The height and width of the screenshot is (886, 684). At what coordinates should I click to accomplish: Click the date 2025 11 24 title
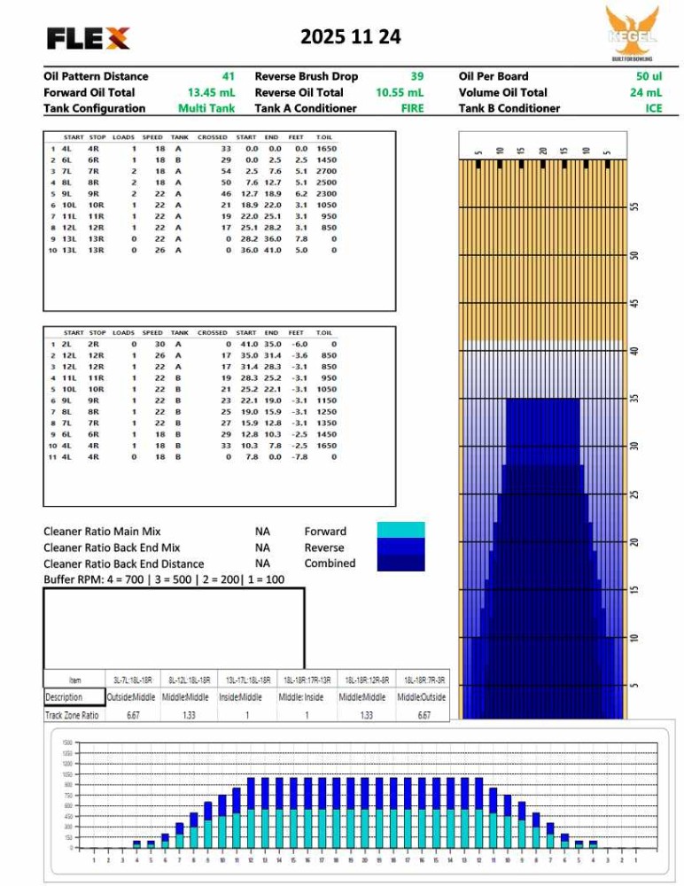(x=350, y=36)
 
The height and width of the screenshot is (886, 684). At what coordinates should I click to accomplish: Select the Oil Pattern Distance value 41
(x=229, y=76)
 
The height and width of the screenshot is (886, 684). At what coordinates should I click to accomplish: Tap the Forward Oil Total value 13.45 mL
(x=211, y=92)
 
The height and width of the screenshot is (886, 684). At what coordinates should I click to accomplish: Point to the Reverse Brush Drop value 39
(x=417, y=76)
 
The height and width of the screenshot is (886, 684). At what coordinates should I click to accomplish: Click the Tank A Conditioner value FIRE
(x=412, y=108)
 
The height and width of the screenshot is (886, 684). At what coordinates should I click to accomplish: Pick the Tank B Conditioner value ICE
(x=653, y=108)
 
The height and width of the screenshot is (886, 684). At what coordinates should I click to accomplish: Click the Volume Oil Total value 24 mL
(x=646, y=92)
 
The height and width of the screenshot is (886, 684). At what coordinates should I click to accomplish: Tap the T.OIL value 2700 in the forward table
(x=326, y=170)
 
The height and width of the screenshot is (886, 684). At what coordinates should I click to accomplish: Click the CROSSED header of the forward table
(x=213, y=137)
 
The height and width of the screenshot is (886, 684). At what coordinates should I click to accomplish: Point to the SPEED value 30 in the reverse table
(x=159, y=344)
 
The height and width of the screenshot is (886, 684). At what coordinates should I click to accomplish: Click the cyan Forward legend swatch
(x=400, y=530)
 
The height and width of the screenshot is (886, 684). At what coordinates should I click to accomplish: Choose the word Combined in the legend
(x=330, y=563)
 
